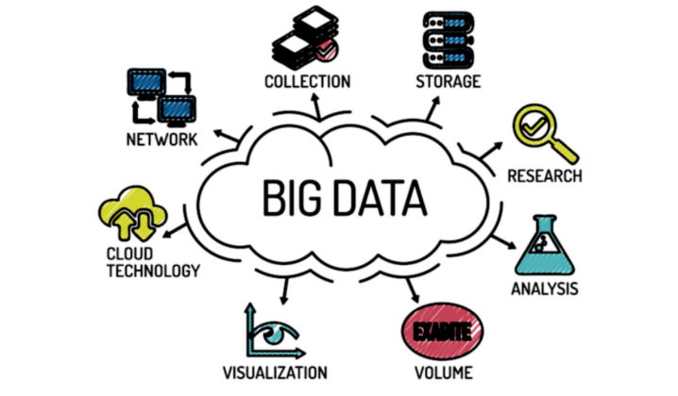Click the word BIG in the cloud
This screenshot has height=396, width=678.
[293, 198]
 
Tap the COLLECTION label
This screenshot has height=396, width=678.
[308, 82]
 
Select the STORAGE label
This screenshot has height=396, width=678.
[449, 81]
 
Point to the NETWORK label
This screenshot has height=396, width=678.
[161, 140]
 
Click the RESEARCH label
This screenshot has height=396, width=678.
[545, 176]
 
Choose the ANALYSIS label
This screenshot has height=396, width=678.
[545, 289]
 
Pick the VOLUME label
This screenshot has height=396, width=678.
[444, 372]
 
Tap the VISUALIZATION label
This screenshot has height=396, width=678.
[275, 372]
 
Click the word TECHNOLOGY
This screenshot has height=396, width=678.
[154, 271]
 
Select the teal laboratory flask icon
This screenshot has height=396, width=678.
[545, 245]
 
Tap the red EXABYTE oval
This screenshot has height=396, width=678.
[442, 331]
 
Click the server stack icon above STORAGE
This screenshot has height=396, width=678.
[449, 41]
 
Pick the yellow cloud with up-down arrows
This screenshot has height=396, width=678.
[133, 213]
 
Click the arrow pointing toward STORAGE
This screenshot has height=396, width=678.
[432, 108]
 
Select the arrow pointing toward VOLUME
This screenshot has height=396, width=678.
[413, 290]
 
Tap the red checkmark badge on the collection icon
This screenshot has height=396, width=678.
[327, 50]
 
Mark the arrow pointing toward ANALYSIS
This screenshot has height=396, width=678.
[503, 241]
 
